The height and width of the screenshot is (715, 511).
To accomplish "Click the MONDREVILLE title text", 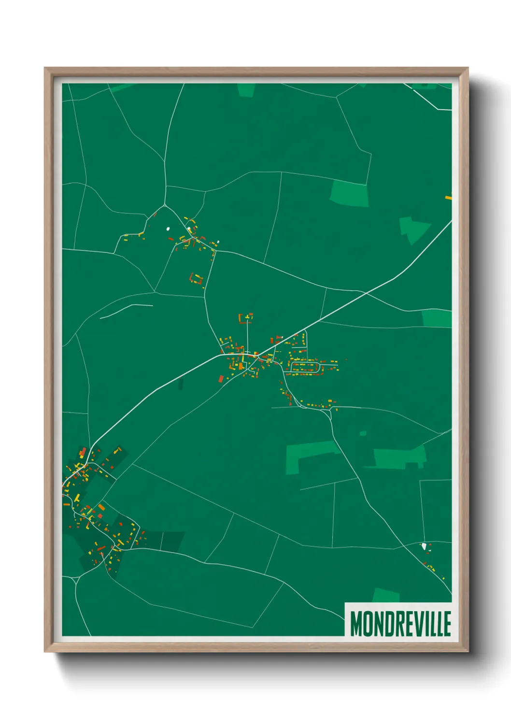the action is click(400, 624).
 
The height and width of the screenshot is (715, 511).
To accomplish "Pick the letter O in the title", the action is click(367, 624).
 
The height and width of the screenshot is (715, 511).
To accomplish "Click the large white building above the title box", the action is click(424, 546).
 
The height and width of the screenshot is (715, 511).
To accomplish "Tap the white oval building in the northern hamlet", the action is click(168, 229).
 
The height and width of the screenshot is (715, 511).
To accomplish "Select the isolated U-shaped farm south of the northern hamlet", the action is click(197, 279).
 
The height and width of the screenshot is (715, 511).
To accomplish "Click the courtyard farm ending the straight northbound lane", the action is click(246, 317).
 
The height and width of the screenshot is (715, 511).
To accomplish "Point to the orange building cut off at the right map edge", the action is click(448, 197).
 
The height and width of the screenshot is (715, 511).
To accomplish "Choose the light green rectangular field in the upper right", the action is click(349, 193).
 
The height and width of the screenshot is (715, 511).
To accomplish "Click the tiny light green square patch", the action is click(363, 433).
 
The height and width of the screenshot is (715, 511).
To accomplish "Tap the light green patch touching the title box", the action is click(386, 595).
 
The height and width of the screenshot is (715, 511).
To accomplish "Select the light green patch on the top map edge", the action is click(245, 90).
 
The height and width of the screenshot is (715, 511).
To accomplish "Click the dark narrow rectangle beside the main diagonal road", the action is click(181, 384).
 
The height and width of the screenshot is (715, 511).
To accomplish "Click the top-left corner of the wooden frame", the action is click(45, 68).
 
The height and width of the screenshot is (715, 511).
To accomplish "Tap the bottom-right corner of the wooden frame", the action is click(468, 651).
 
